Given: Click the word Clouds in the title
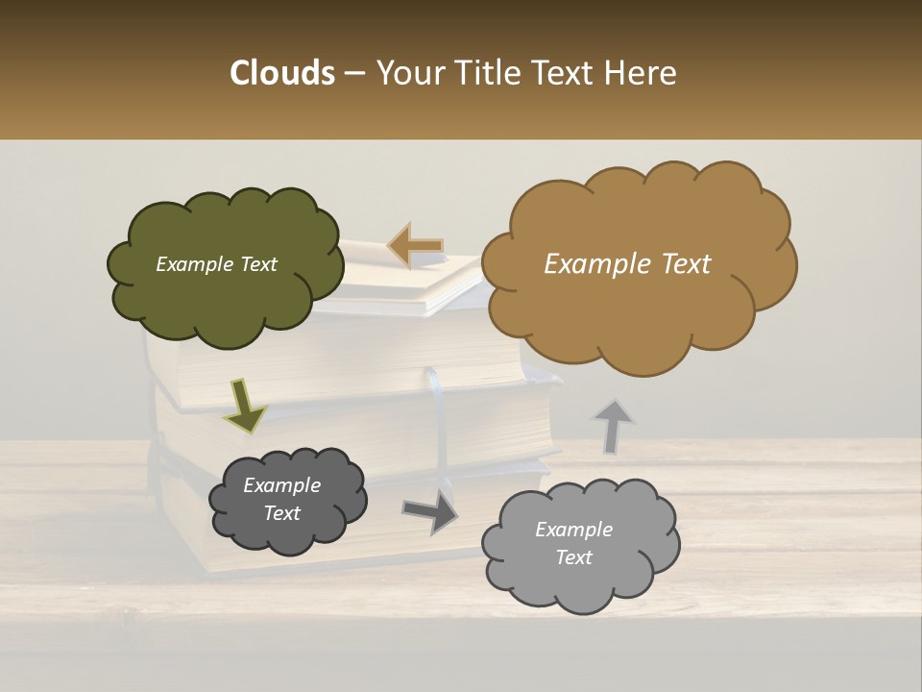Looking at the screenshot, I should tap(281, 72).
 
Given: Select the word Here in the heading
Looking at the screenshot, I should tap(641, 72).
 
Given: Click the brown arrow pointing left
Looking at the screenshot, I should tap(416, 246).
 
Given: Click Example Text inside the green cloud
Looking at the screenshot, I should tap(216, 264).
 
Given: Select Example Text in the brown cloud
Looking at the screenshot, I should tap(627, 264).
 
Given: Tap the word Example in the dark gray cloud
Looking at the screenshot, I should tap(281, 485).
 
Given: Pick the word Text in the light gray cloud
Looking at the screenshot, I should tap(573, 557).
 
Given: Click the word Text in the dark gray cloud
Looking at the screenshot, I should tap(281, 513).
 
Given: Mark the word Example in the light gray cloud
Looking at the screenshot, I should tap(573, 530).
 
